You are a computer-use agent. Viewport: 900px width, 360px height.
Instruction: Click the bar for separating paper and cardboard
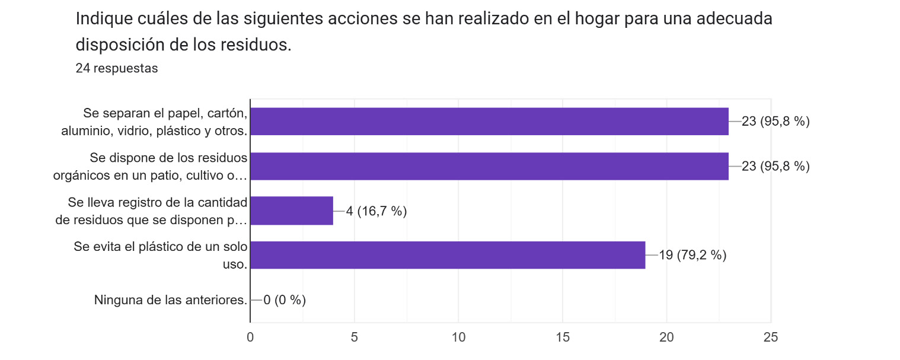tap(489, 122)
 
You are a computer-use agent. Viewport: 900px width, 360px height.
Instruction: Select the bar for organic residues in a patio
tap(489, 166)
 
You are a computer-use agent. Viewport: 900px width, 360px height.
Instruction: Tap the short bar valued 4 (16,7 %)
tap(292, 211)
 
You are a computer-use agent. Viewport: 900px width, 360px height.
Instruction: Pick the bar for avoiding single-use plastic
tap(448, 255)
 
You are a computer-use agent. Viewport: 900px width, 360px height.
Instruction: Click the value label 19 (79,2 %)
tap(692, 255)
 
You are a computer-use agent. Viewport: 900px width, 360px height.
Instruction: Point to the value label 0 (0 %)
tap(285, 300)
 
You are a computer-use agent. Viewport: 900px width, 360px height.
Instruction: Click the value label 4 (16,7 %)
tap(376, 211)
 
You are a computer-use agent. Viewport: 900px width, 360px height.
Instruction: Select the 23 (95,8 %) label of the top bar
tap(775, 122)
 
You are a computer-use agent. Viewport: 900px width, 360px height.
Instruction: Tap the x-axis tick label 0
tap(250, 337)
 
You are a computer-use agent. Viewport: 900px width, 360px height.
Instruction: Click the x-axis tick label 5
tap(355, 337)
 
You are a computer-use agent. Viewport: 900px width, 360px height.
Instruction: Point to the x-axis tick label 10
tap(458, 337)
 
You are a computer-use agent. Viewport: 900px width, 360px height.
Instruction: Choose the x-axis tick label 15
tap(563, 337)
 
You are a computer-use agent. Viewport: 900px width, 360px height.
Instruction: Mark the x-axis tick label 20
tap(666, 337)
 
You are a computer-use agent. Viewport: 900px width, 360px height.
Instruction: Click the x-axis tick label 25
tap(771, 337)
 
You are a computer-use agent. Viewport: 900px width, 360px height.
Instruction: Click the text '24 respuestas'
tap(117, 68)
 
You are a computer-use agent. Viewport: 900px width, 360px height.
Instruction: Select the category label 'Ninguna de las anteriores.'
tap(170, 300)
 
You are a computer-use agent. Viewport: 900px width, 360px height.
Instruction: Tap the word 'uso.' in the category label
tap(235, 265)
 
